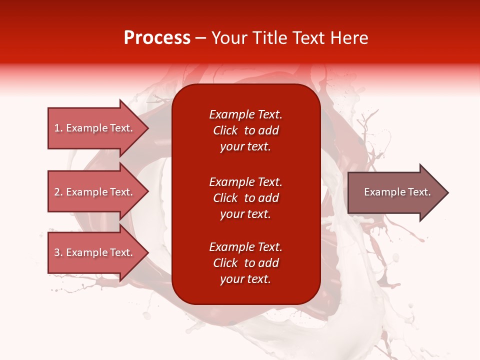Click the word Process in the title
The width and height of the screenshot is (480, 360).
pos(157,38)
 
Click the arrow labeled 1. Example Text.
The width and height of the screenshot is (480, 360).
pos(98,128)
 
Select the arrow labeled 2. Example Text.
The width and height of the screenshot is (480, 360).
pos(98,191)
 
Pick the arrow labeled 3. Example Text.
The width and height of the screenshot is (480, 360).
pos(98,252)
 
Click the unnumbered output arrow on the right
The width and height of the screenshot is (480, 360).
pos(398,192)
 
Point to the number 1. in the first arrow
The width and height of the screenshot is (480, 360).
pos(58,128)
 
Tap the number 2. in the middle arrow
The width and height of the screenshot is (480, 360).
pos(58,192)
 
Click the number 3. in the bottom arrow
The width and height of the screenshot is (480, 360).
pos(58,252)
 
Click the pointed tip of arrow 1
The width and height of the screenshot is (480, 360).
pos(149,128)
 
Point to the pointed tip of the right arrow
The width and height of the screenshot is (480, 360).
pos(449,192)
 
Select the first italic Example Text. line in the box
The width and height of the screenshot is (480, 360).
pos(246,114)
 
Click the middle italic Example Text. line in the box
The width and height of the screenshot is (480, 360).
pos(246,182)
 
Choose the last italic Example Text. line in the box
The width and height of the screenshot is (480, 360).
pos(246,247)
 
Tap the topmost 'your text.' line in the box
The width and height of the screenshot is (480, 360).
pos(245,147)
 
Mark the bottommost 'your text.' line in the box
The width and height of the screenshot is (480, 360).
pos(245,279)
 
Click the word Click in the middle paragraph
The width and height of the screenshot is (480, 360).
pos(225,198)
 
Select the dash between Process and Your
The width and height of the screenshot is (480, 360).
pos(200,38)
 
